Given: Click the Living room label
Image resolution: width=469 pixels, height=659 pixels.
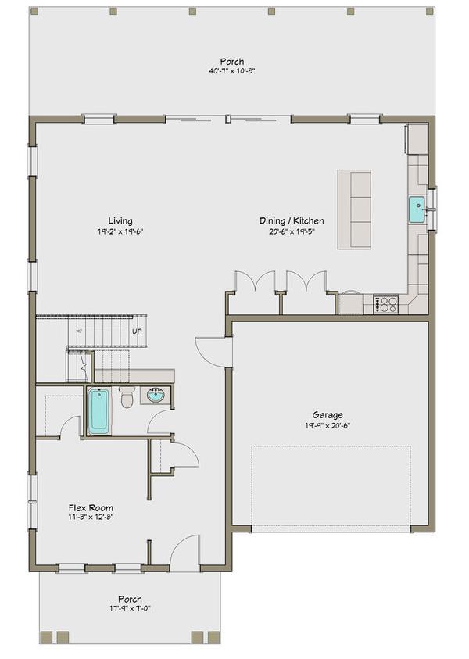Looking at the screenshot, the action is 120,220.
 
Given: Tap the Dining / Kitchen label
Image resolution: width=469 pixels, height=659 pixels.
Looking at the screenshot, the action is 292,220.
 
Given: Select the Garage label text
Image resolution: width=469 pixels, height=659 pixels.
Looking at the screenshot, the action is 328,415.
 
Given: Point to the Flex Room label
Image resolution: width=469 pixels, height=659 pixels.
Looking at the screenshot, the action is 91,507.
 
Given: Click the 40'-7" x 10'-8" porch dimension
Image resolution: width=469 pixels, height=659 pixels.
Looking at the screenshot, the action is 232,71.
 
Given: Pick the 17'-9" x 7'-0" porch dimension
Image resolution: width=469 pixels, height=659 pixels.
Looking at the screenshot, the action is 130,608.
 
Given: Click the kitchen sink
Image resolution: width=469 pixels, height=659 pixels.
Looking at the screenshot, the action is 418,210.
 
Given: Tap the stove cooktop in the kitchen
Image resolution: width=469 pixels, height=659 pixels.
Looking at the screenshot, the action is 386,304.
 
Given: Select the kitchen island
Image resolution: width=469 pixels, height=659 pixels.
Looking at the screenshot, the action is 354,210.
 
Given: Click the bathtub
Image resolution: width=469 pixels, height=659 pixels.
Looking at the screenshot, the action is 99,411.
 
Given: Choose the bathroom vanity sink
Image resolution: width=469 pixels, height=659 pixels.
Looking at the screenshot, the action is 156,395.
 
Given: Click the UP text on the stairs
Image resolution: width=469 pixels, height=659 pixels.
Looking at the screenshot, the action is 137,331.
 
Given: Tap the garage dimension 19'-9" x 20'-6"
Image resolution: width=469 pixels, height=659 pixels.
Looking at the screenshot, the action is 328,425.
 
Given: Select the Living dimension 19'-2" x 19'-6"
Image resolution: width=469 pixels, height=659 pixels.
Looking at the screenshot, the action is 120,231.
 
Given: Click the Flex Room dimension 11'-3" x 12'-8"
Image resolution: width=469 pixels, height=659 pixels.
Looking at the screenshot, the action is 91,518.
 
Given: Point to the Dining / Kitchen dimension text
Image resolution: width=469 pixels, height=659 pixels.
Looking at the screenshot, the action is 292,231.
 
